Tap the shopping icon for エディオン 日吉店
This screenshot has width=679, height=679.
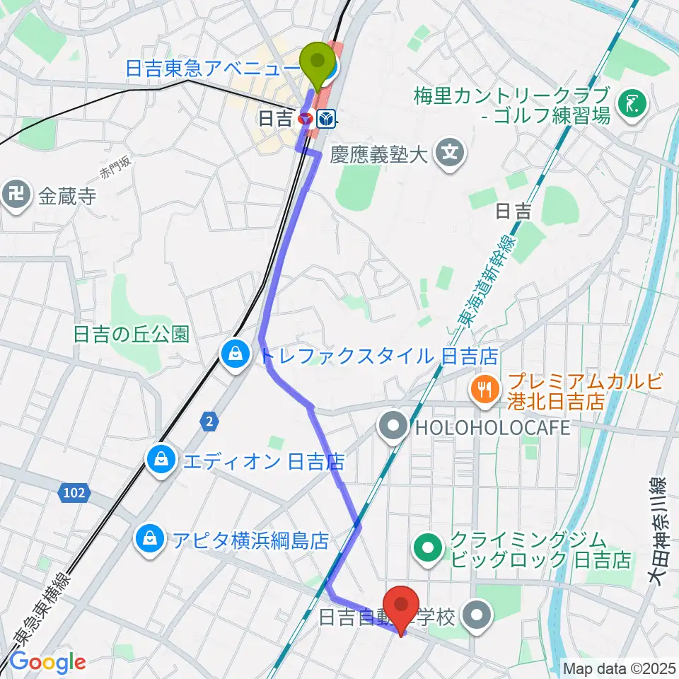tap(162, 461)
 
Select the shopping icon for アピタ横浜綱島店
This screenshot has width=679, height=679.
tap(151, 540)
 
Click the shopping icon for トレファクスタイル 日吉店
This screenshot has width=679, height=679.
tap(233, 354)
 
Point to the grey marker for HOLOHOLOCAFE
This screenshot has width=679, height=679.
tap(391, 426)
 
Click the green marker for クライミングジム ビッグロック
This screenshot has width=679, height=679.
tap(429, 545)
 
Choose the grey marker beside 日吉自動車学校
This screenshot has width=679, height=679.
tap(479, 616)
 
